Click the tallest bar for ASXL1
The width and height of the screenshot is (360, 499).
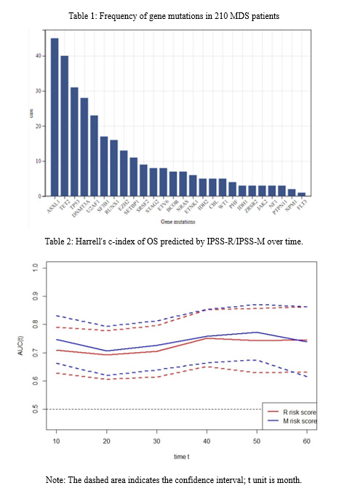pyautogui.click(x=55, y=117)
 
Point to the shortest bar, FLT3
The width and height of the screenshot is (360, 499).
pyautogui.click(x=301, y=194)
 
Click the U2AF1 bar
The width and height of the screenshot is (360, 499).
pyautogui.click(x=94, y=156)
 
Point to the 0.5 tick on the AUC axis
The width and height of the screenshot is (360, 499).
pyautogui.click(x=34, y=409)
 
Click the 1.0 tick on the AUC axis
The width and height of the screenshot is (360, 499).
pyautogui.click(x=34, y=268)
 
